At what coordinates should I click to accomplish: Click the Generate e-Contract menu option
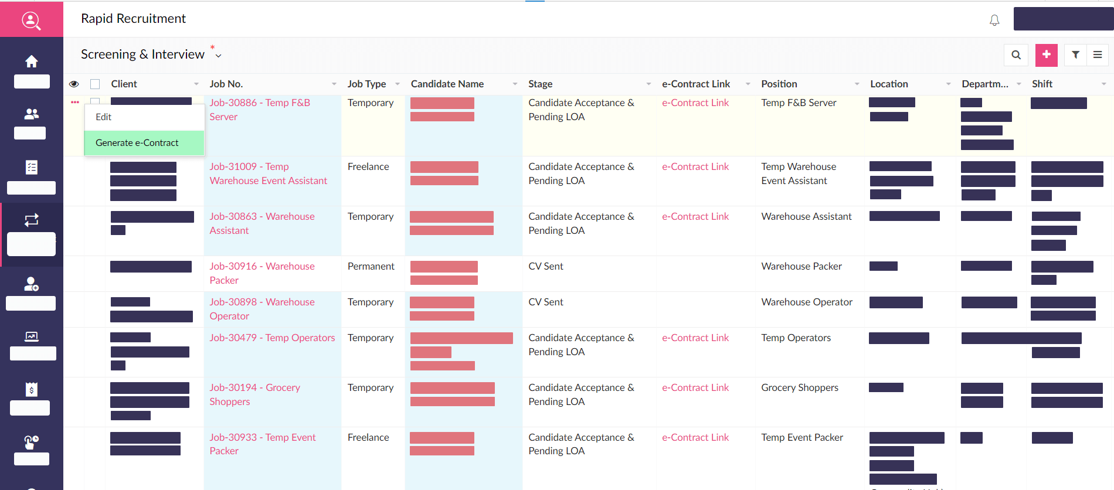[137, 143]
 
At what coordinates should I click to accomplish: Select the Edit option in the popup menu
[104, 117]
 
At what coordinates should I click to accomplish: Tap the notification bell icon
[994, 21]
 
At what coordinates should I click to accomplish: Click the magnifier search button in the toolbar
[1016, 55]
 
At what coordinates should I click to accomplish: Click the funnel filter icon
[1075, 55]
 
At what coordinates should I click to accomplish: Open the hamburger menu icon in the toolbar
[1098, 55]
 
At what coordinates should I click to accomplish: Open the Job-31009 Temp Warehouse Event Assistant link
[268, 173]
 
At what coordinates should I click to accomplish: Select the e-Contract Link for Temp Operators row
[695, 338]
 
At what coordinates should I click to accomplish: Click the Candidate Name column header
[447, 84]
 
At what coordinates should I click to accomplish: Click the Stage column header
[540, 84]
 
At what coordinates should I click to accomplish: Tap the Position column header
[779, 84]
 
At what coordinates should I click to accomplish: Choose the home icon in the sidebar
[32, 62]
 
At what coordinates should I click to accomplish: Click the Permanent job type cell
[371, 266]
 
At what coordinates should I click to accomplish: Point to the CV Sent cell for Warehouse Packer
[545, 266]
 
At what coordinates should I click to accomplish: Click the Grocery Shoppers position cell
[800, 387]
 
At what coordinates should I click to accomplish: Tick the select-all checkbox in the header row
[95, 84]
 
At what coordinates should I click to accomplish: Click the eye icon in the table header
[74, 84]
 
